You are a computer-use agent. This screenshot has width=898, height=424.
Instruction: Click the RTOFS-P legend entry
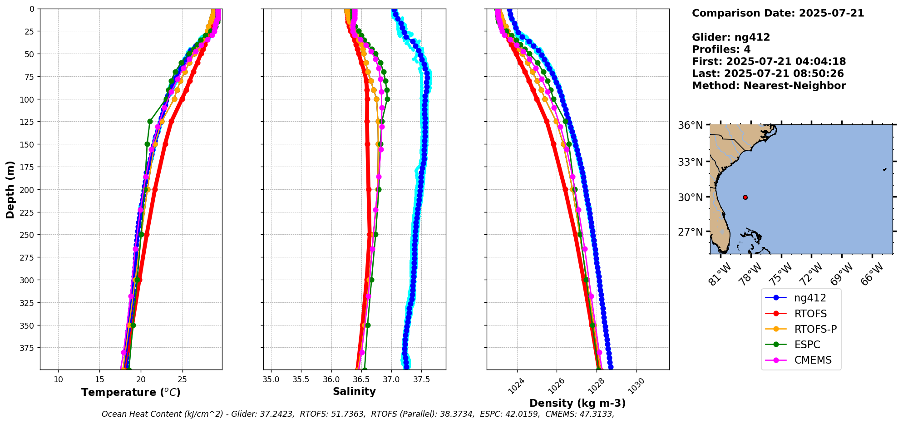click(x=815, y=329)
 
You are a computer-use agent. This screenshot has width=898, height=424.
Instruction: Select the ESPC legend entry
click(x=807, y=345)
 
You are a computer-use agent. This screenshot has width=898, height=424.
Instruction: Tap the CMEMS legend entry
click(x=813, y=360)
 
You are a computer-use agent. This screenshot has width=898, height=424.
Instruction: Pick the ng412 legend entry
click(x=810, y=298)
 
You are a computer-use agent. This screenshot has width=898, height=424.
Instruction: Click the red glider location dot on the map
click(x=745, y=197)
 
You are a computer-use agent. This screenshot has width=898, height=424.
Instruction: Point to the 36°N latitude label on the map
click(x=690, y=125)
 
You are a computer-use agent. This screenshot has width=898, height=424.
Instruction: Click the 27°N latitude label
click(x=690, y=232)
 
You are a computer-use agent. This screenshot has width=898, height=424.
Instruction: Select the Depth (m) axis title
click(x=10, y=189)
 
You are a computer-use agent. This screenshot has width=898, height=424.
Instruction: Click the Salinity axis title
click(x=354, y=392)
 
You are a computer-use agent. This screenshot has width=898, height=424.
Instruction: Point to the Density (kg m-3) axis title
click(x=577, y=403)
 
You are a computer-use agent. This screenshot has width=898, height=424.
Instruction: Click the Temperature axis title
click(x=131, y=392)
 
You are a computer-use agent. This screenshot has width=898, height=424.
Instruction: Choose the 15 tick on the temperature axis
click(x=100, y=380)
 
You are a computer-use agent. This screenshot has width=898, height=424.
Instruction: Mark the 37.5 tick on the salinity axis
click(x=421, y=380)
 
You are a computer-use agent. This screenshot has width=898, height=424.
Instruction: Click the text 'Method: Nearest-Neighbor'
click(x=769, y=86)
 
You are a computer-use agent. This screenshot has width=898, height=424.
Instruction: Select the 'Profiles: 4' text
click(x=721, y=49)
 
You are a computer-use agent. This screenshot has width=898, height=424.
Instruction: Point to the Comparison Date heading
click(x=778, y=13)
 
